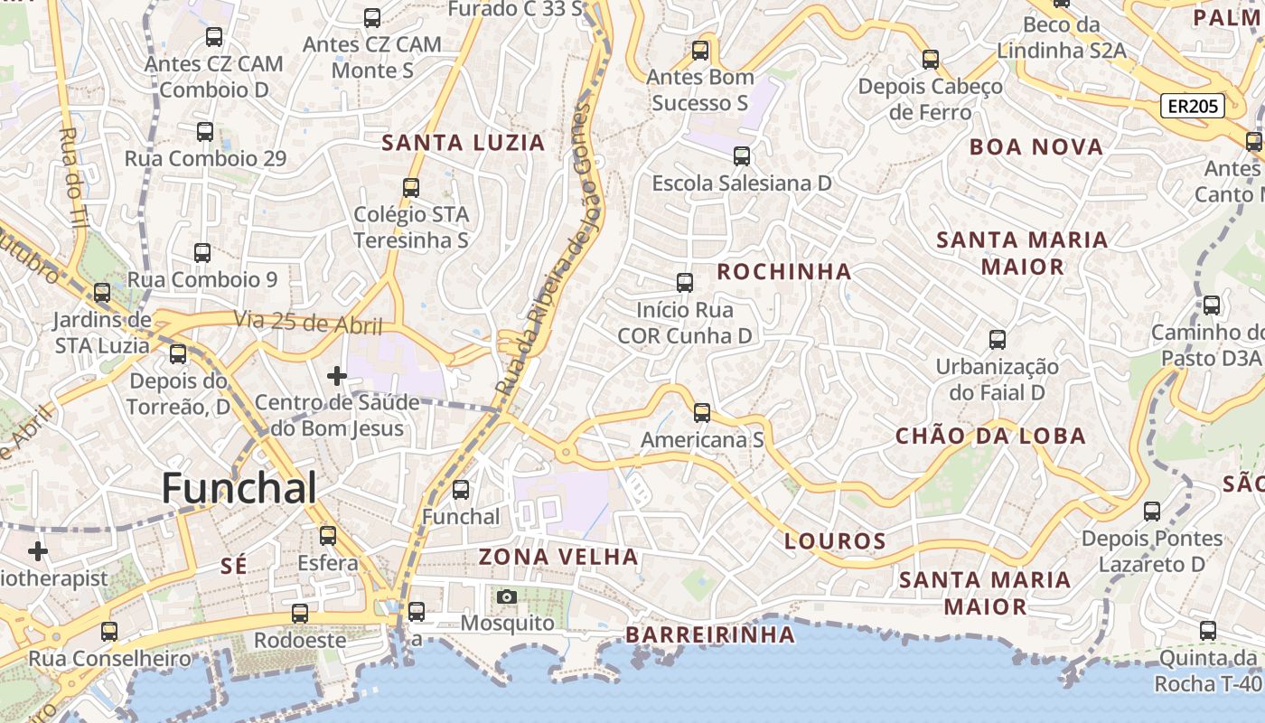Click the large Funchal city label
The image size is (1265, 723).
point(239,488)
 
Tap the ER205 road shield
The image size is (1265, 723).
point(1193,107)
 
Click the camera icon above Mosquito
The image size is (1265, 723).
point(507,596)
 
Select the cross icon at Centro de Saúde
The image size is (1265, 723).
point(337,375)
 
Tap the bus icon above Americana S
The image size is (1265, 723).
point(702,413)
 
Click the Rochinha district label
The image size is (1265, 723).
point(783,271)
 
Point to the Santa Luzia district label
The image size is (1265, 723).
point(464,142)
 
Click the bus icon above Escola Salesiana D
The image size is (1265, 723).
point(742,156)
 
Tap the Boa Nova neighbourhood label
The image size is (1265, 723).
point(1036,146)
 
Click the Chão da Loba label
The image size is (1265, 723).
point(990,436)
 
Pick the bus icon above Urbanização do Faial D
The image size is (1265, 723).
point(998,340)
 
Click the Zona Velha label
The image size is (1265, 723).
point(558,556)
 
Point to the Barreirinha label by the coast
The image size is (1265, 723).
point(710,634)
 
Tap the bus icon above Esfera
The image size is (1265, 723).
point(328,535)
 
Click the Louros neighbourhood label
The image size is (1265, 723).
point(835,541)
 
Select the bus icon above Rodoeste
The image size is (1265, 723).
point(300,614)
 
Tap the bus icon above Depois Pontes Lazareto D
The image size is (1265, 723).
point(1152,512)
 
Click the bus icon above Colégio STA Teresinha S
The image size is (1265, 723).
point(411,187)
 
